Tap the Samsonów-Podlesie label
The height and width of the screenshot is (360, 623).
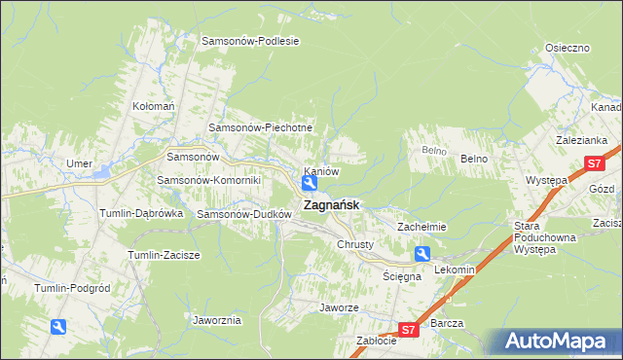click(x=250, y=41)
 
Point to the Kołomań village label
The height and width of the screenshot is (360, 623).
click(x=153, y=106)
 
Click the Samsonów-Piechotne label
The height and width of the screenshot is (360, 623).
click(x=261, y=127)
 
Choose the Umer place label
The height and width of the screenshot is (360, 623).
click(x=79, y=162)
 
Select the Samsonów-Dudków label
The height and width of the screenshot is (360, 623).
click(x=244, y=214)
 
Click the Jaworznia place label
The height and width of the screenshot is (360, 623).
click(x=217, y=319)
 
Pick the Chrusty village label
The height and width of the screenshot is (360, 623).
click(x=354, y=244)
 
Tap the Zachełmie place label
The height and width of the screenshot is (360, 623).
click(x=421, y=227)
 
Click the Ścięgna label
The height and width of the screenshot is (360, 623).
click(x=401, y=276)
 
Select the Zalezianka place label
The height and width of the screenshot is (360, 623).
click(x=582, y=140)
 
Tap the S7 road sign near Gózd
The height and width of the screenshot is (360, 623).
click(x=594, y=164)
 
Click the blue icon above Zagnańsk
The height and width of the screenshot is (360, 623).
click(x=309, y=183)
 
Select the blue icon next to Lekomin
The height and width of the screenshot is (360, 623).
click(x=422, y=254)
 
